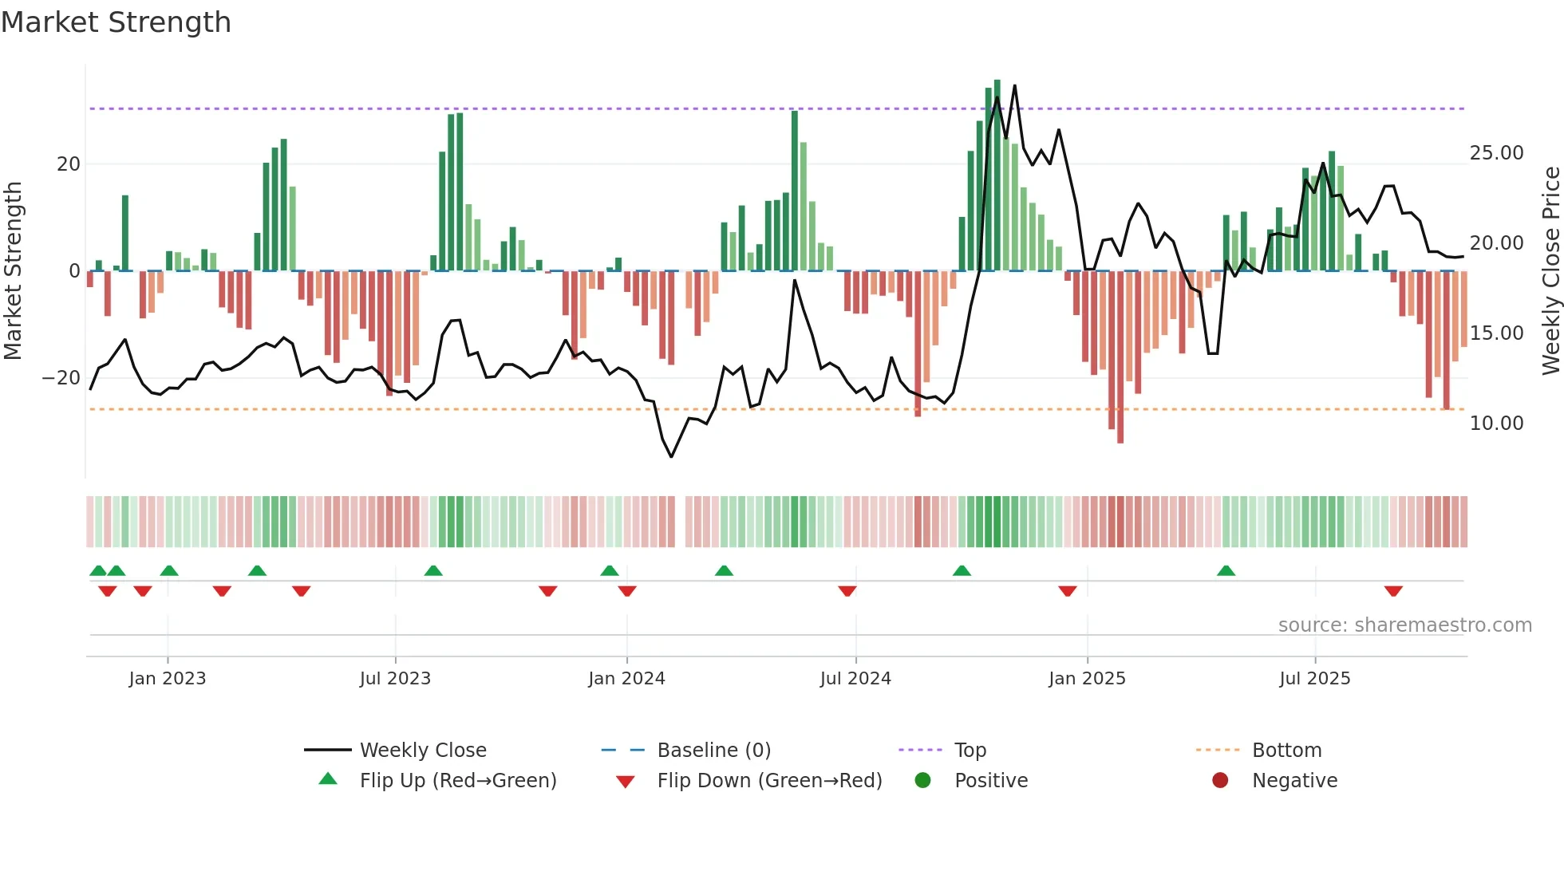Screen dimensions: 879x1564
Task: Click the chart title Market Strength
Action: (117, 22)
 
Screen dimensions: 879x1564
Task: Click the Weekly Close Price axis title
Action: (1550, 271)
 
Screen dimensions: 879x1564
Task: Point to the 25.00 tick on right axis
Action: (1496, 153)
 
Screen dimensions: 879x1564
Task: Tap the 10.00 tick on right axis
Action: (1496, 424)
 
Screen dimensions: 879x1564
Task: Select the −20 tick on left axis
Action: (61, 378)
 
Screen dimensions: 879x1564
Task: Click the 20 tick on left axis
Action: (69, 164)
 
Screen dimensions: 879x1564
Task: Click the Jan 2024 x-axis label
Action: (626, 679)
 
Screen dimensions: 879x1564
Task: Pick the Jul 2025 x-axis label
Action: (1314, 679)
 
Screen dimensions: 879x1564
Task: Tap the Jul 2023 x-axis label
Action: (395, 679)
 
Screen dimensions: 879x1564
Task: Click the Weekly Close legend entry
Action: (422, 751)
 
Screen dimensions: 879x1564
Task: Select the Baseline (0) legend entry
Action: (713, 751)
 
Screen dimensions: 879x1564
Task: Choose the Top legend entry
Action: (970, 751)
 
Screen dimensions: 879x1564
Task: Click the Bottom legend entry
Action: (1286, 751)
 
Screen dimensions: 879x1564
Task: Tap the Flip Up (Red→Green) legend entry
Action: (457, 781)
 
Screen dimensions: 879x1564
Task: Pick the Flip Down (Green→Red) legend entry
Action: (769, 781)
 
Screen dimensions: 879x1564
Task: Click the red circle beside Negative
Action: (1220, 781)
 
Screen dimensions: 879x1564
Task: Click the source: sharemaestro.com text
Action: (1404, 625)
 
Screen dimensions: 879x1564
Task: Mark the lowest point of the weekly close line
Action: (671, 456)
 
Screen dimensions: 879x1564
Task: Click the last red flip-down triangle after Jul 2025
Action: (1393, 591)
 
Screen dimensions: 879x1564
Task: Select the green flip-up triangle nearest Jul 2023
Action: (433, 571)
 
